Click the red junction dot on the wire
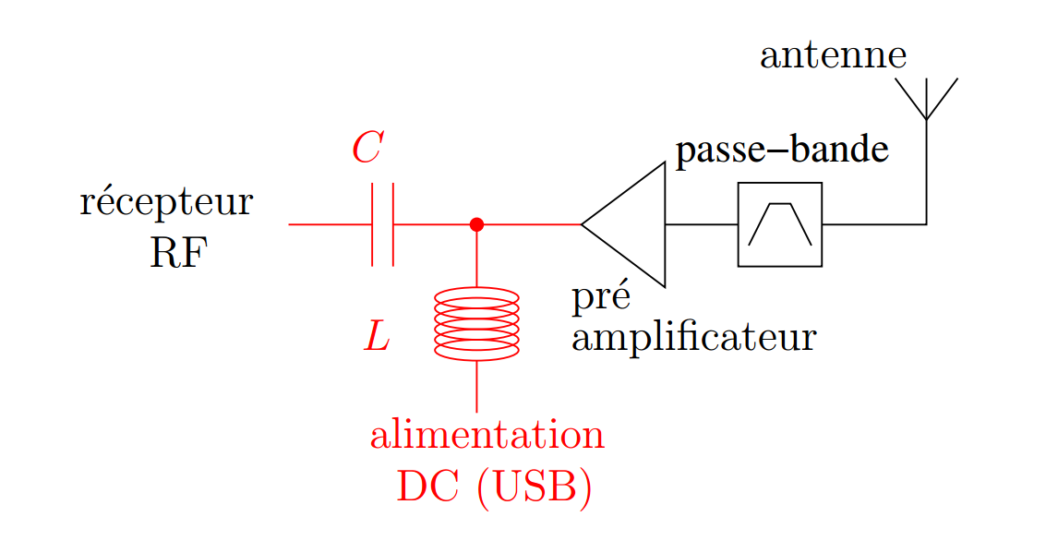[476, 224]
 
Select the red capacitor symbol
[383, 224]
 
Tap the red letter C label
[367, 148]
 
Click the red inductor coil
[476, 323]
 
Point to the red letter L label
[377, 338]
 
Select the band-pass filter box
[779, 224]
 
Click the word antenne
[833, 56]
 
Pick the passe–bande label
[782, 151]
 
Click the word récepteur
[166, 202]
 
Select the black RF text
[178, 253]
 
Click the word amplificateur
[693, 338]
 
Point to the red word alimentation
[487, 435]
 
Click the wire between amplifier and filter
[701, 224]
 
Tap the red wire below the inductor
[476, 386]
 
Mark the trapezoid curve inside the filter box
[780, 222]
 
